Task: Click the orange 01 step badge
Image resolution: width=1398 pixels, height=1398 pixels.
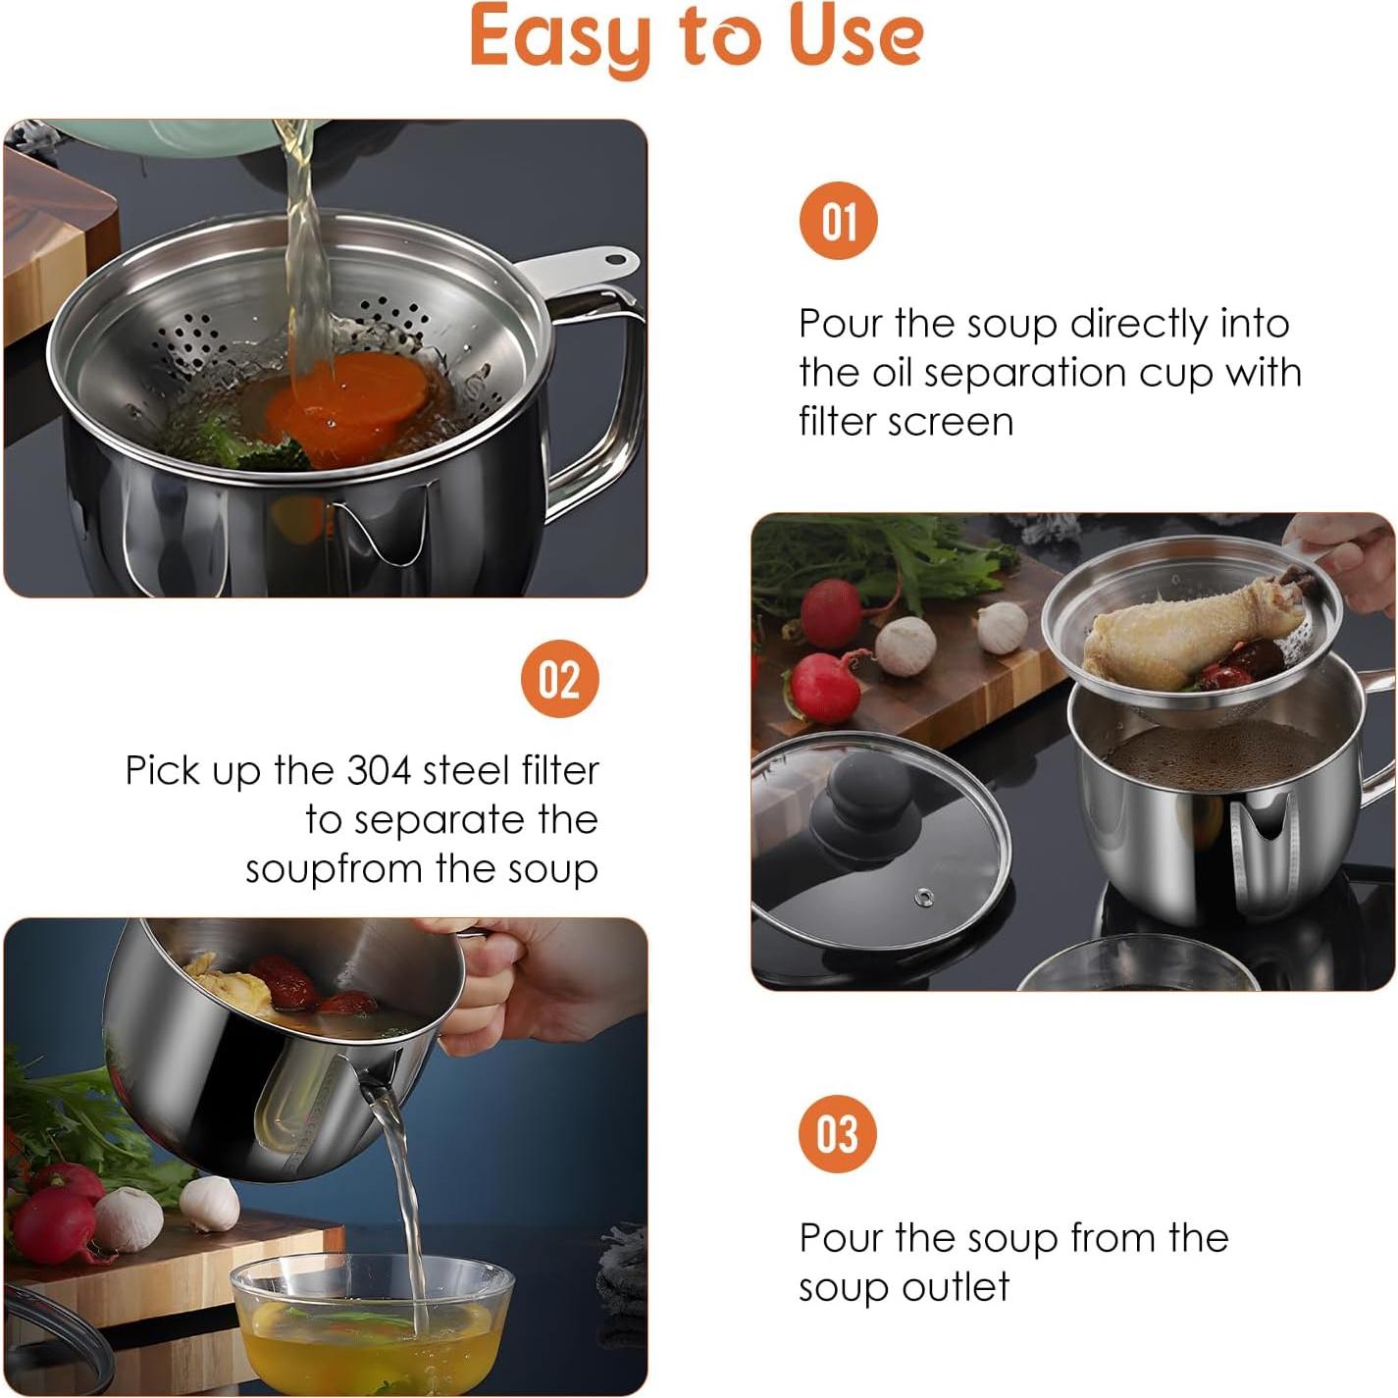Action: pyautogui.click(x=838, y=221)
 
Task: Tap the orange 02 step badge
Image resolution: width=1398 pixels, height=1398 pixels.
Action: pyautogui.click(x=559, y=679)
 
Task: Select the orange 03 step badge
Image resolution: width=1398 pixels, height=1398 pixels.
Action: pyautogui.click(x=837, y=1134)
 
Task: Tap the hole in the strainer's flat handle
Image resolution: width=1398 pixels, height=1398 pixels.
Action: pyautogui.click(x=616, y=261)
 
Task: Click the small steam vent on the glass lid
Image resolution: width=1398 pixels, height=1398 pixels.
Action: pyautogui.click(x=924, y=897)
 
